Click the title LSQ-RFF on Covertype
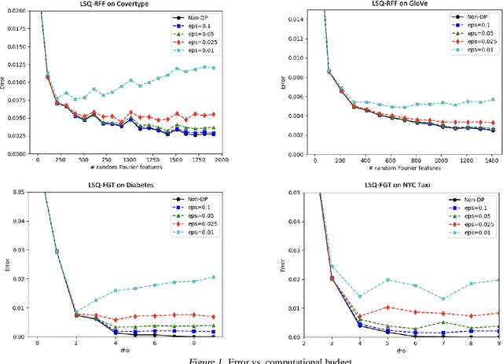[129, 5]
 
